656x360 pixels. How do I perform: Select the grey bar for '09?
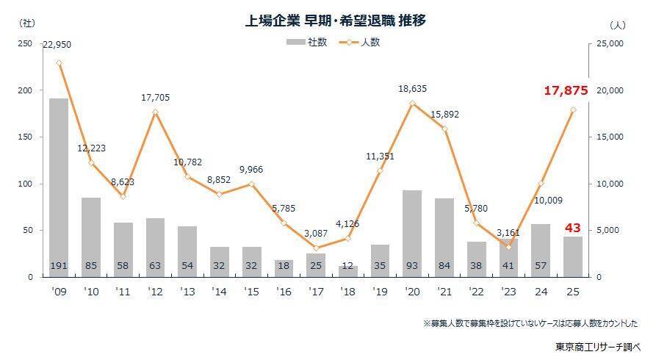point(59,187)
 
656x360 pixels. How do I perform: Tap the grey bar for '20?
point(412,233)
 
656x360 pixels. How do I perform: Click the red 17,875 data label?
point(566,91)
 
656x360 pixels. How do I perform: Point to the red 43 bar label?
point(572,228)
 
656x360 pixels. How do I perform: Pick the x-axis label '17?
point(316,292)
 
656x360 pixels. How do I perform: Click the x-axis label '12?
point(155,292)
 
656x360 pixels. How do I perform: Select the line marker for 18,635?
point(412,104)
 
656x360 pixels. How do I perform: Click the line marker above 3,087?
point(316,248)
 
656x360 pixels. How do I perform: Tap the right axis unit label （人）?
point(617,24)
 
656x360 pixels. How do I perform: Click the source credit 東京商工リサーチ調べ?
point(598,345)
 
